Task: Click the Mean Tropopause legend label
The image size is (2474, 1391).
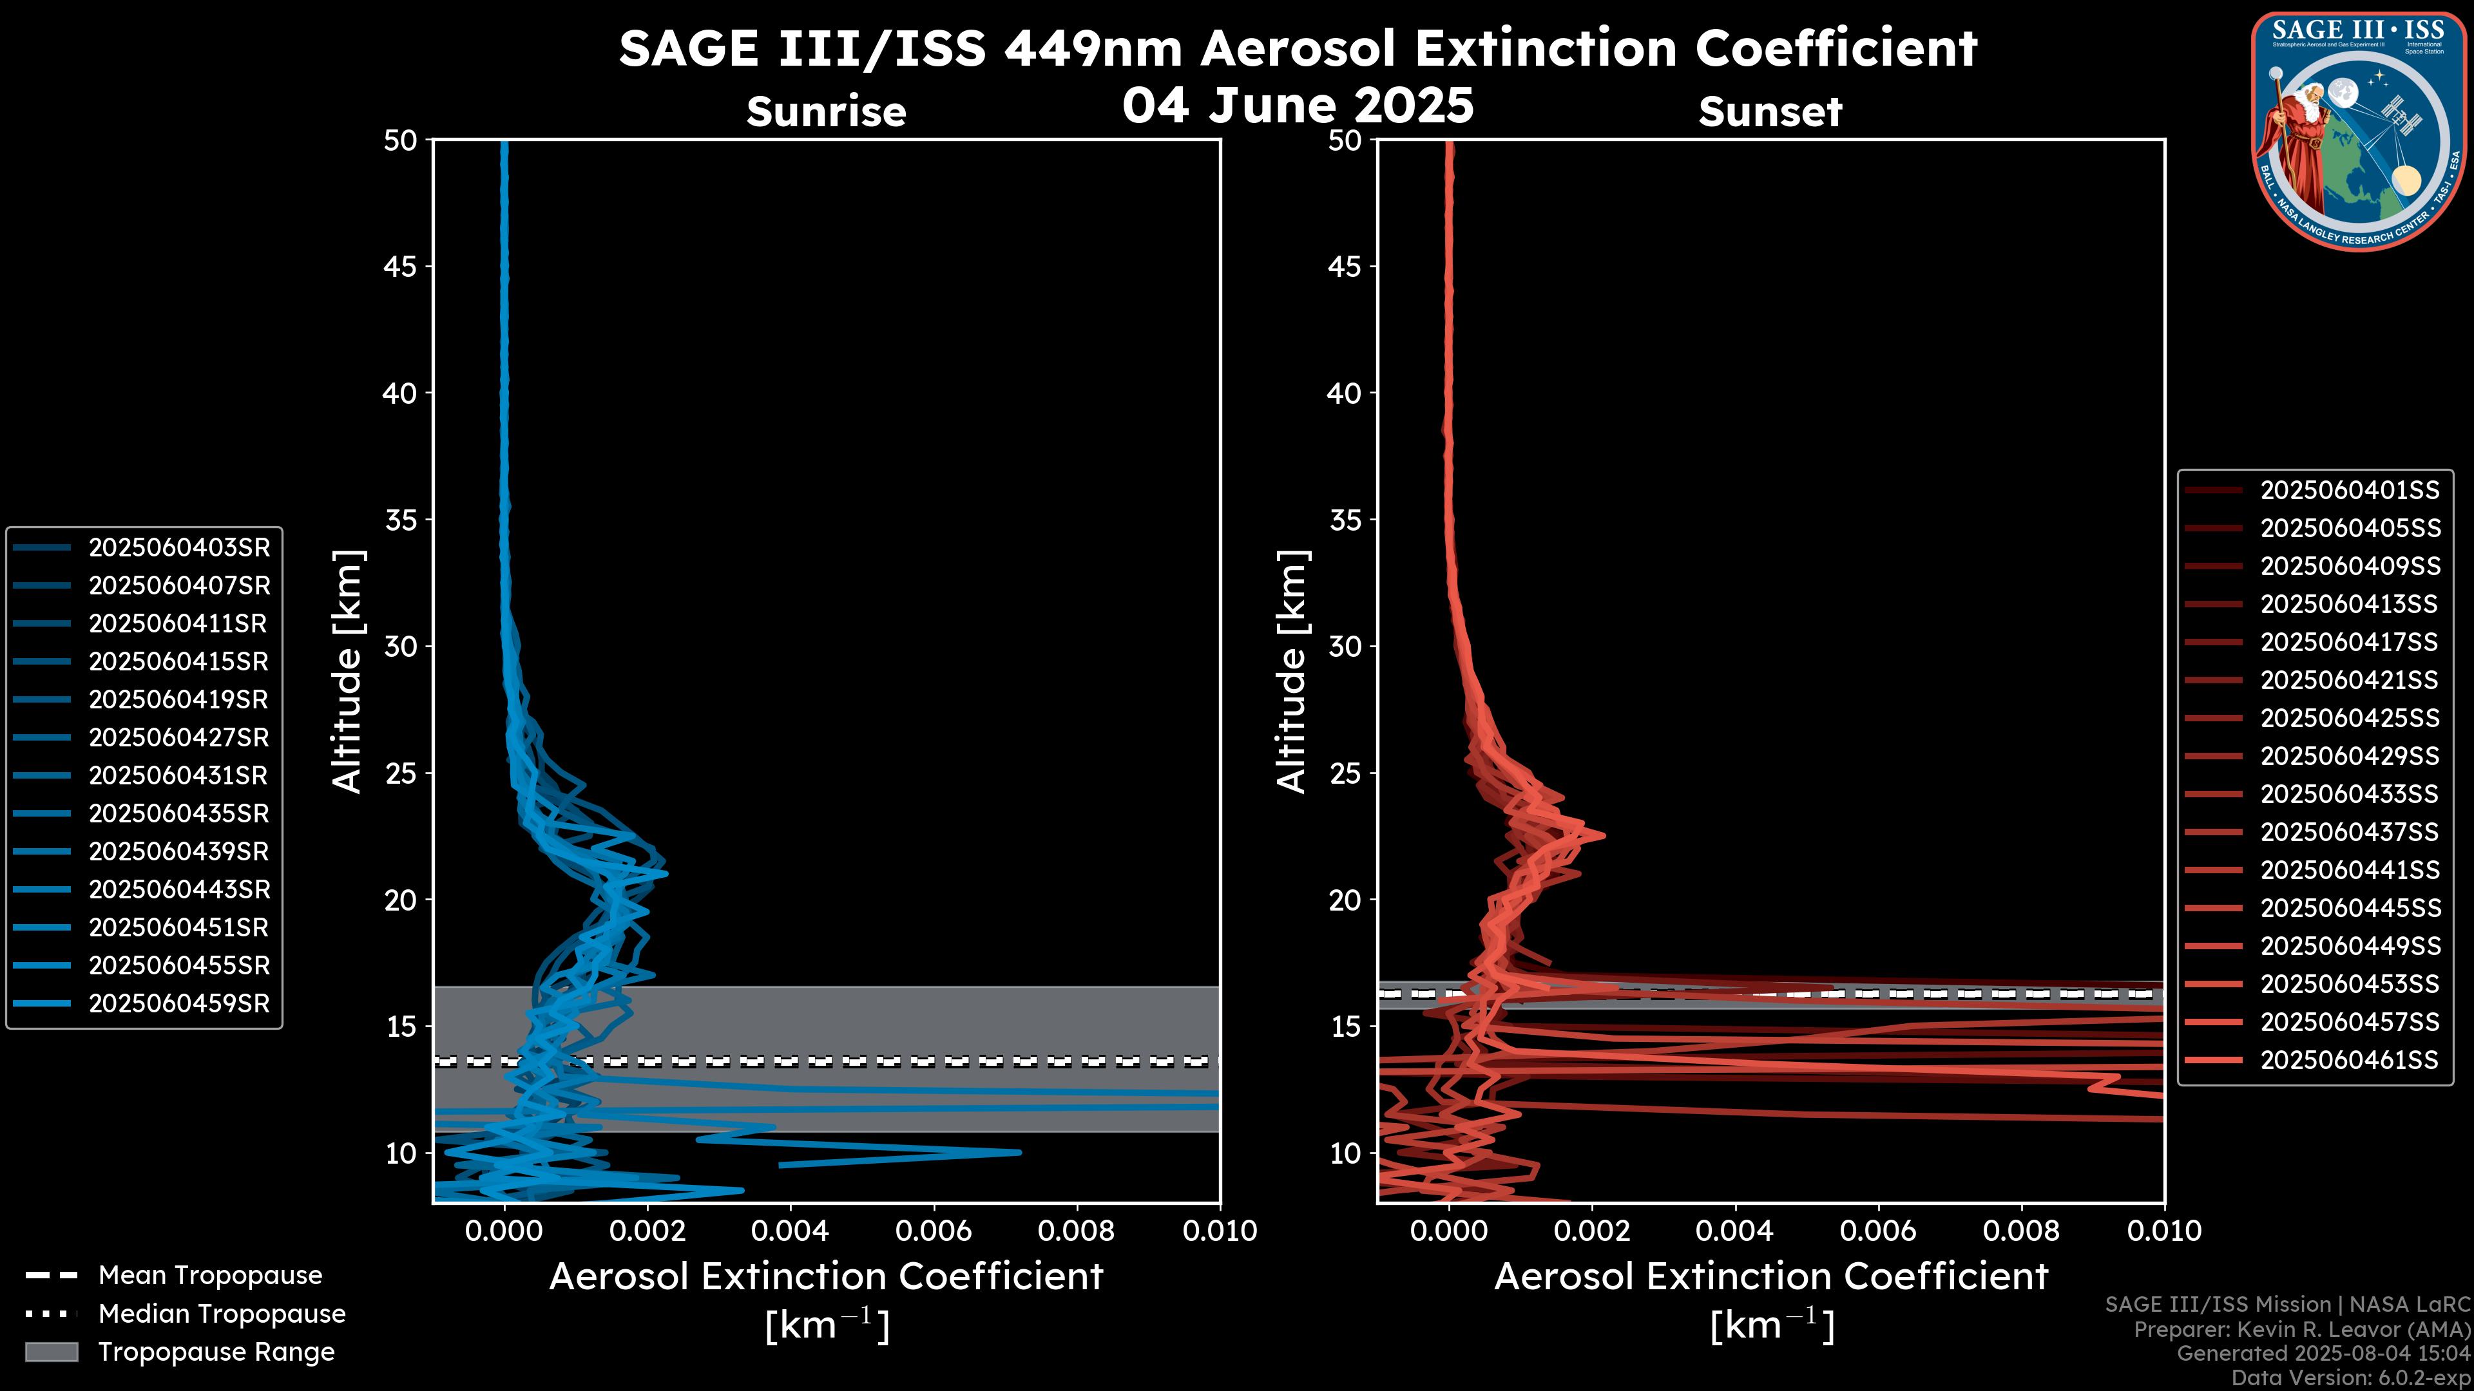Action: coord(210,1275)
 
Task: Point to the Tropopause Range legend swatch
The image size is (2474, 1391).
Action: coord(52,1352)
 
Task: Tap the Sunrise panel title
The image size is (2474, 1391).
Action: coord(826,111)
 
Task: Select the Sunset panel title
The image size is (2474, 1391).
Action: coord(1770,111)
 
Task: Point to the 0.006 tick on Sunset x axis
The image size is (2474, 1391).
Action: coord(1879,1231)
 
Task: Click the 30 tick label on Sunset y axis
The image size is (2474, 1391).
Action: coord(1345,646)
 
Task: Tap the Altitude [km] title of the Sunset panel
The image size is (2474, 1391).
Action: coord(1292,672)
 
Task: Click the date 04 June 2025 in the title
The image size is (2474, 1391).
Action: coord(1298,104)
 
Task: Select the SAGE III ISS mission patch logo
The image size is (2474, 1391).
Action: coord(2359,131)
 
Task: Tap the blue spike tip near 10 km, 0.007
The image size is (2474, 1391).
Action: coord(1019,1152)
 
